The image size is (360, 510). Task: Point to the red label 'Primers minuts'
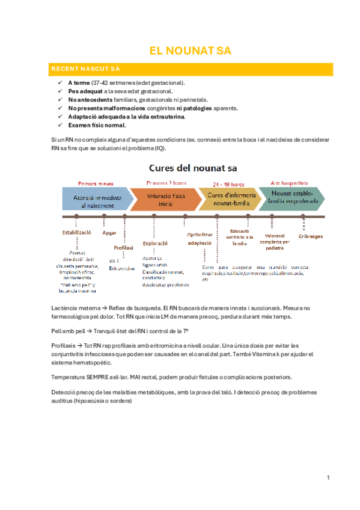[96, 183]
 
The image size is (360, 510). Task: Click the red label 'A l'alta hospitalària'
[290, 183]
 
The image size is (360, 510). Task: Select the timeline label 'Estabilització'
[77, 232]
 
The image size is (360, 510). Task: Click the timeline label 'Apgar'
[109, 232]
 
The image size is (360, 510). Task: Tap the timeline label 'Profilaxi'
[123, 247]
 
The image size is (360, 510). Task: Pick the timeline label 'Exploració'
[155, 243]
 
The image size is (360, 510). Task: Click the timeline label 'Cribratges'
[311, 236]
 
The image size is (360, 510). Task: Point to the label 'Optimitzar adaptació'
[200, 239]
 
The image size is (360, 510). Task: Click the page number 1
[329, 478]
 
